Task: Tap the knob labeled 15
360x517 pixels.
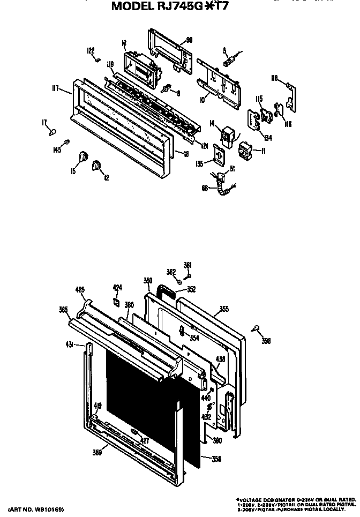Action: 83,156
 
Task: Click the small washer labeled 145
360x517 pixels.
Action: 67,141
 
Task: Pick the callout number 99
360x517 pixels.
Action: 189,40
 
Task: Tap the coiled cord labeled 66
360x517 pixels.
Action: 219,185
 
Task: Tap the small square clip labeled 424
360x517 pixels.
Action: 115,302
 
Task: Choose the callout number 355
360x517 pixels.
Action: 224,309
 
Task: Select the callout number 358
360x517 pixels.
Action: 216,459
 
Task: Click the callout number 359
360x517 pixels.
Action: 96,452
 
